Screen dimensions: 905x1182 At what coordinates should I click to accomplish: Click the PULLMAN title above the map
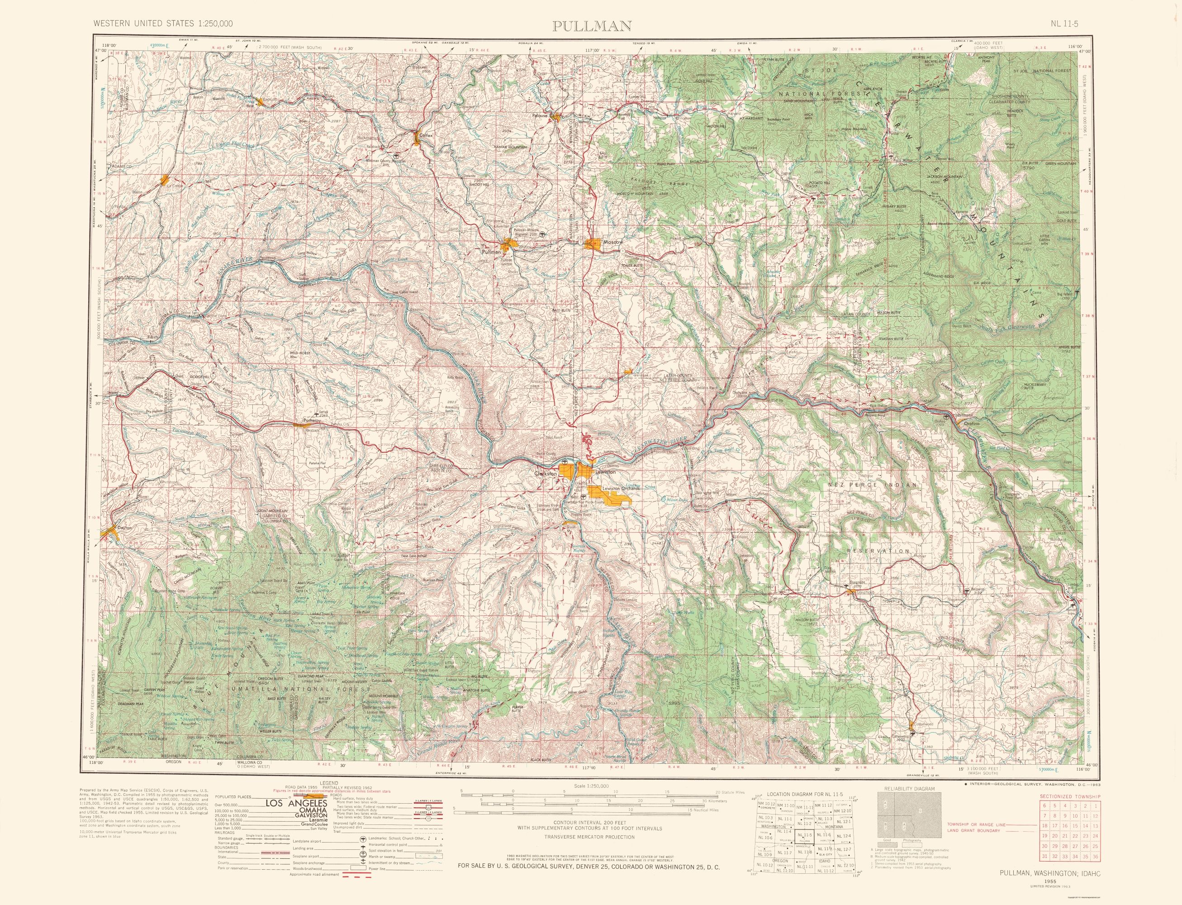tap(592, 25)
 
